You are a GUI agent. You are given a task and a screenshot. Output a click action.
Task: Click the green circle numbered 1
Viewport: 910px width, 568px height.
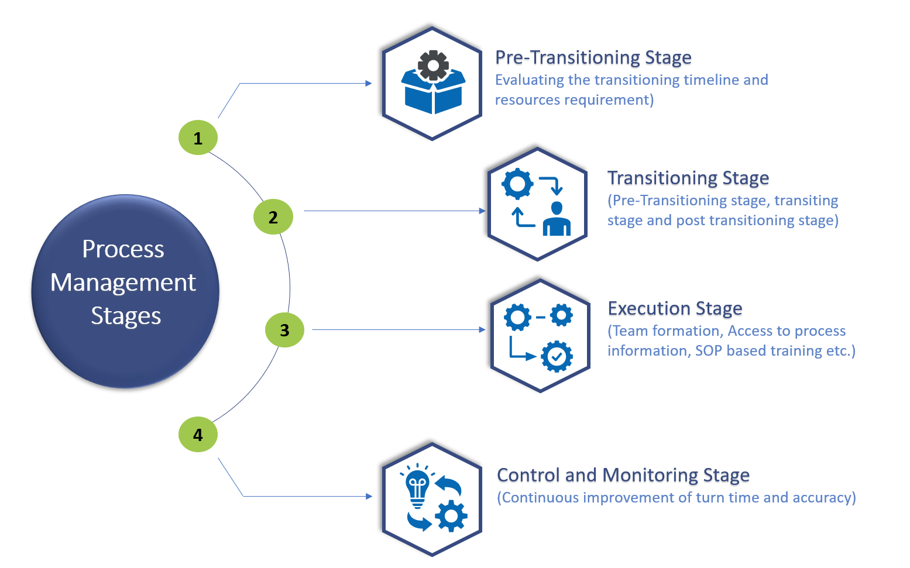[198, 137]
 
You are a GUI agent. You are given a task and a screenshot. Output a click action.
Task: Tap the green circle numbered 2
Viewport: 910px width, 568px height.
[273, 217]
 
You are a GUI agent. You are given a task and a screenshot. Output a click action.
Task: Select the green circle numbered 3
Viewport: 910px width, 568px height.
[284, 330]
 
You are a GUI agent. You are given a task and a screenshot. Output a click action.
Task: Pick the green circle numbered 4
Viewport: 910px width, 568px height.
[198, 435]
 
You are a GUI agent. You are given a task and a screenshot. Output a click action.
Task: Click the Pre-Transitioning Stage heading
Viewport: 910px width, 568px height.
[593, 57]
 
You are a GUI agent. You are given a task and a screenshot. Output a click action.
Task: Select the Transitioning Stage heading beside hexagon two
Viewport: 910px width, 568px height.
[688, 178]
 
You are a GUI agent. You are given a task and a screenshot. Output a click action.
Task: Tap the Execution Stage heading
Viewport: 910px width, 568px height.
[675, 308]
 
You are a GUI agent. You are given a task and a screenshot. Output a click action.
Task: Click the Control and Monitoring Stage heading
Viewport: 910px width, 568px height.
[623, 475]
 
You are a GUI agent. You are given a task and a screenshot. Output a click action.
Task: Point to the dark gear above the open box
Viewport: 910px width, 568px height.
[433, 65]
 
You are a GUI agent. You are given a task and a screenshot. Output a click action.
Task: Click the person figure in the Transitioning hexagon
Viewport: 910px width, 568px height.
[557, 219]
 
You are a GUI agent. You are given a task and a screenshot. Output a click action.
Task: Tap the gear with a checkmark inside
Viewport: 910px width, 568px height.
[557, 356]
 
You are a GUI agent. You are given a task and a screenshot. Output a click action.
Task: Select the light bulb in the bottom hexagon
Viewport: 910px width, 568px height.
[417, 486]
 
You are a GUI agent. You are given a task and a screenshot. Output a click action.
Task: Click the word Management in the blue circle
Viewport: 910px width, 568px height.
[123, 283]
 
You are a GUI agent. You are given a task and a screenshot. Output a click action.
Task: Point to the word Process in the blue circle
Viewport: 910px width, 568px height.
[123, 249]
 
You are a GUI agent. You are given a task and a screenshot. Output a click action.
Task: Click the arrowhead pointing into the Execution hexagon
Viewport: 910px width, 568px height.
[482, 330]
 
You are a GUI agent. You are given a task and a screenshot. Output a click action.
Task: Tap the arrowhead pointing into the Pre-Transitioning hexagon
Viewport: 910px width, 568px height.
[369, 84]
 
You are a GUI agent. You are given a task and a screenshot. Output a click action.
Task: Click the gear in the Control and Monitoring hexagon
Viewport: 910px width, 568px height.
[451, 516]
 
